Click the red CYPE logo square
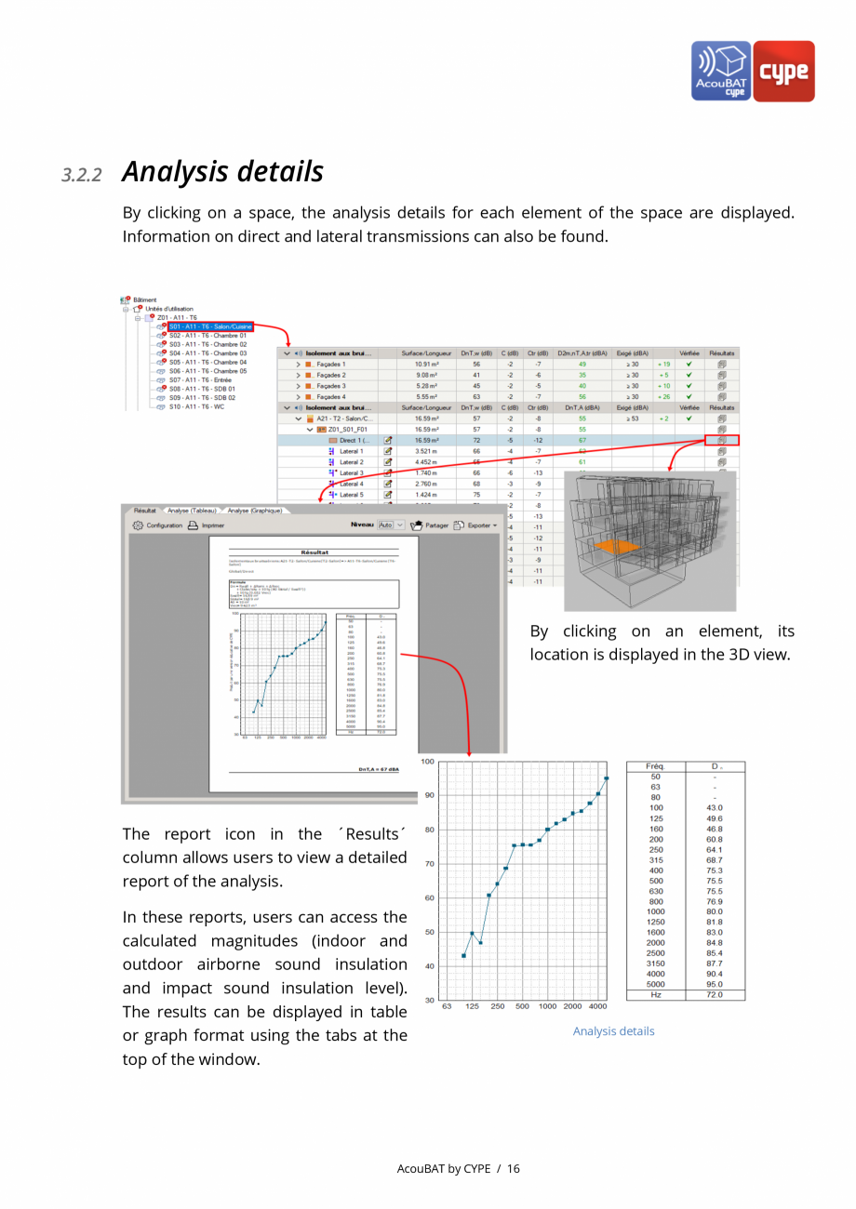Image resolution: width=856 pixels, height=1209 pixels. [x=783, y=71]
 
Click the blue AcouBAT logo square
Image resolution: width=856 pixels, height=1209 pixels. [x=721, y=71]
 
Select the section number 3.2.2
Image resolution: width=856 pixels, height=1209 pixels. [x=82, y=175]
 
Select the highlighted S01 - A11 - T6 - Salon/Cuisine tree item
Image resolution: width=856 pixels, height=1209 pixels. [x=210, y=326]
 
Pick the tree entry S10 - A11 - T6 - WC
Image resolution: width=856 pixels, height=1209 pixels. [x=196, y=406]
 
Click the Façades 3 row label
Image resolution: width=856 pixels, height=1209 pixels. [x=330, y=386]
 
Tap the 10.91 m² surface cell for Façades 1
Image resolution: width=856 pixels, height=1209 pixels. [x=427, y=365]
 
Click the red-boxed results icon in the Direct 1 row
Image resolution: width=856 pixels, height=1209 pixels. [x=721, y=440]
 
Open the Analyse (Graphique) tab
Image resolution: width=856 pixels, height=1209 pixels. [x=255, y=511]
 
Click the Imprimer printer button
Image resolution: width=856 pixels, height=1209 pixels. [x=207, y=525]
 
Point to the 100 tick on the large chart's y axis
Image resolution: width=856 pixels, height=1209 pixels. [x=427, y=762]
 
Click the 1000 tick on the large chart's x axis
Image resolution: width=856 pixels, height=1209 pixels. [x=547, y=1006]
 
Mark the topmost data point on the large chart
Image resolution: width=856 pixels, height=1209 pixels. [x=607, y=778]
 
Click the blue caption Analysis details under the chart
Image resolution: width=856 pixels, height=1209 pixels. [x=613, y=1031]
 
